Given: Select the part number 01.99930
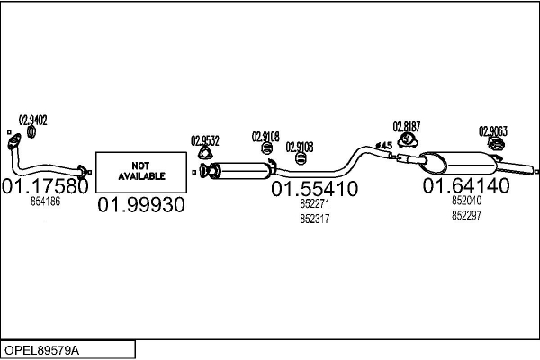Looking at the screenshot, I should (x=140, y=204).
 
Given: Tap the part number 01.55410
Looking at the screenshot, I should (x=315, y=189).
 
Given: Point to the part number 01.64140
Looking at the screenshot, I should (x=466, y=186).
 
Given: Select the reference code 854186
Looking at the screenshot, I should (x=45, y=202).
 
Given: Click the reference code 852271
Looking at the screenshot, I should (x=315, y=204).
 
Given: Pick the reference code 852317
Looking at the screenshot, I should (x=315, y=218).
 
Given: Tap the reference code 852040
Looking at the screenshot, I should (x=466, y=202).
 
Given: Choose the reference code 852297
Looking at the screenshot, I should (x=466, y=215).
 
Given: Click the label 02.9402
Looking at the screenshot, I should (x=33, y=119).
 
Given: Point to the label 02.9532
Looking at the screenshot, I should (x=205, y=140).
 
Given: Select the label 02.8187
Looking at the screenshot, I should (x=407, y=127).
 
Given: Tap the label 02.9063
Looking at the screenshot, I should (x=492, y=130).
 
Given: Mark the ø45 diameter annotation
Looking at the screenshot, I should (x=383, y=146).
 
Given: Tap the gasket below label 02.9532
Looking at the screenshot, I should (x=206, y=168).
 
